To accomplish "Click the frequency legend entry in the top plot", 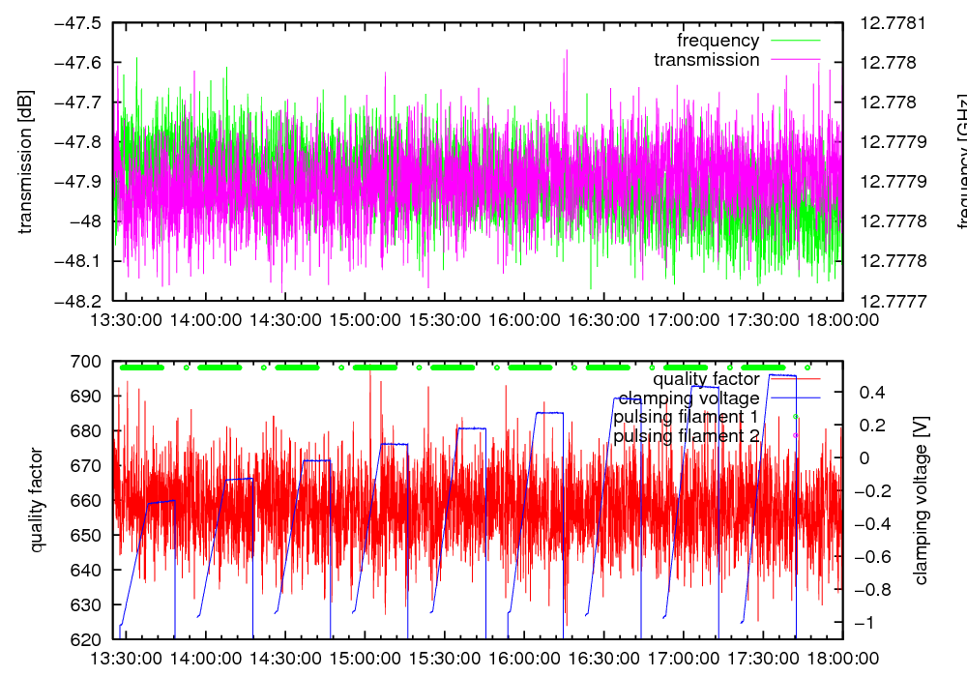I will point(718,41).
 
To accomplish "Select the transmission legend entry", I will point(706,60).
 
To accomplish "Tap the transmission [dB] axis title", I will point(26,162).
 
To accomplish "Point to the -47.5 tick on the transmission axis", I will point(79,23).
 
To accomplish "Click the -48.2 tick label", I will point(79,301).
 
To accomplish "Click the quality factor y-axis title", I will point(38,500).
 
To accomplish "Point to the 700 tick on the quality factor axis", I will point(88,362).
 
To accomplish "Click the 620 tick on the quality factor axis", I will point(88,639).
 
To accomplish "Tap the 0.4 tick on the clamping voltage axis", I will point(874,392).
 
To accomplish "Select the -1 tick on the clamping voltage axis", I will point(872,623).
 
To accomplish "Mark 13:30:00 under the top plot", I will point(126,319).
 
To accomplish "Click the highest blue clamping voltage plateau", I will point(781,374).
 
